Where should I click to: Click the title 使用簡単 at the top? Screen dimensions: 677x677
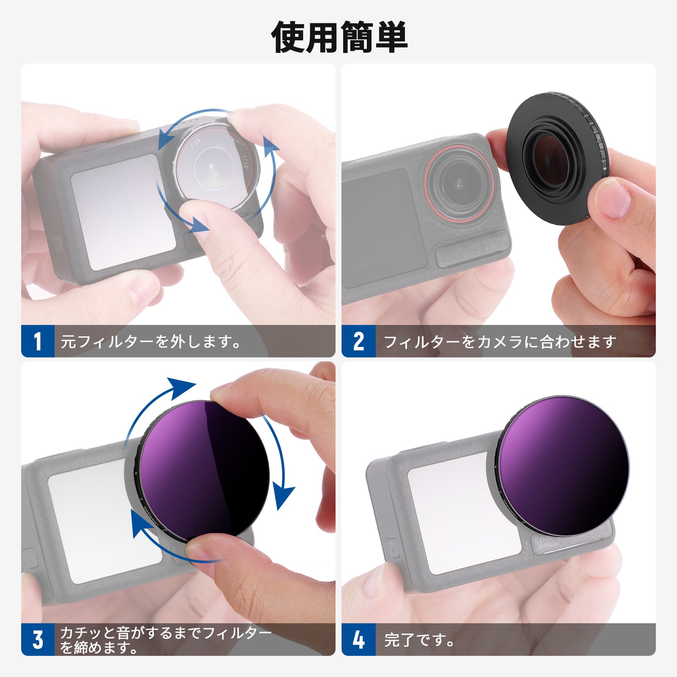pos(338,37)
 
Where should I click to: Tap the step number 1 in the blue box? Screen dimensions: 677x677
pos(38,341)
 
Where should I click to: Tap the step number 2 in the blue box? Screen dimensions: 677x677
pos(358,341)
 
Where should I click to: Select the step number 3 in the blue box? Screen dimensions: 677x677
pos(38,639)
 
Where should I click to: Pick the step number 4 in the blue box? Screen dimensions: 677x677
pos(358,639)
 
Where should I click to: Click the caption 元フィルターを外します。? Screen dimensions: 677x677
pos(150,341)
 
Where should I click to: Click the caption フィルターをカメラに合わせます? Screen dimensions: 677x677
pos(499,341)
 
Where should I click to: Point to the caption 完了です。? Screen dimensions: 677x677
pos(419,640)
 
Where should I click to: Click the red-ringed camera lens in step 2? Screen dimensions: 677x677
pos(459,183)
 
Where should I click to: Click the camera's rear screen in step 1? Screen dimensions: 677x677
pos(123,212)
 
